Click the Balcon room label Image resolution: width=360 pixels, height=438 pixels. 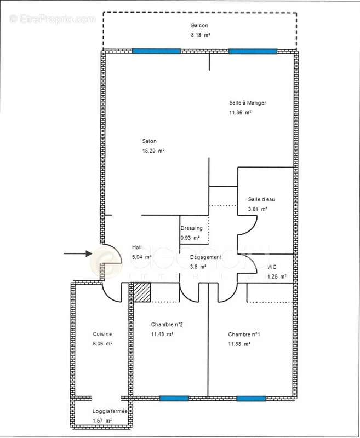(x=199, y=26)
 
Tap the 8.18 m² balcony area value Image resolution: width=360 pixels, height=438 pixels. (x=199, y=34)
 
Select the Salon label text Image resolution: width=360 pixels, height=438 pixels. (x=149, y=141)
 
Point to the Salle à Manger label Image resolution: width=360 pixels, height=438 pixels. (x=247, y=103)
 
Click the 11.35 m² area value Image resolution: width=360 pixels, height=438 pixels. (x=240, y=112)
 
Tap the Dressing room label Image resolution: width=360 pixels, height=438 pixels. (x=191, y=228)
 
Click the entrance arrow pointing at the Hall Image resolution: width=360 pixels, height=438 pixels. (x=77, y=253)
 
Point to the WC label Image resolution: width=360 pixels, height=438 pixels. (x=272, y=267)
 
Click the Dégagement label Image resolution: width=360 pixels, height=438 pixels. (x=205, y=257)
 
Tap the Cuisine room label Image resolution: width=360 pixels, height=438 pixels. (x=102, y=334)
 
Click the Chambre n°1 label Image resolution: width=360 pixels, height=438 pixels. (x=243, y=335)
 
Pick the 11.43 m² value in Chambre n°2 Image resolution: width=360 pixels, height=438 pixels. (x=162, y=334)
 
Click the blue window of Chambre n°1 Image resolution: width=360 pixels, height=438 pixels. (x=251, y=399)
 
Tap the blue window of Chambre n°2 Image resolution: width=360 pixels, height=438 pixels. (x=174, y=399)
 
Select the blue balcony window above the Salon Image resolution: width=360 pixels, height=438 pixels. (x=156, y=51)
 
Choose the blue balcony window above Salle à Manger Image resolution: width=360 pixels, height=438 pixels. (x=253, y=51)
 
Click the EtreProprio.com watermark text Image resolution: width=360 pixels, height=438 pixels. (x=53, y=19)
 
